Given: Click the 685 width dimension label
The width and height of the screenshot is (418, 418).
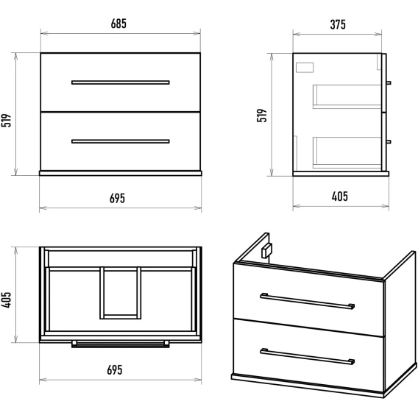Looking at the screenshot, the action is click(118, 24).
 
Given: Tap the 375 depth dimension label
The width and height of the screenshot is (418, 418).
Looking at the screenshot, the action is click(338, 25).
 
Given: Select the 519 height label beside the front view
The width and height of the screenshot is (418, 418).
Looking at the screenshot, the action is click(6, 121).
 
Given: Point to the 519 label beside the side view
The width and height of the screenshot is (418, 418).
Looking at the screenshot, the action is click(262, 116).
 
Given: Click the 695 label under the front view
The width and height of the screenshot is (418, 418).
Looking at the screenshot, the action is click(117, 199).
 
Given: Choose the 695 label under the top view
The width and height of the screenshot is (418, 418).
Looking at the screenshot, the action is click(115, 370).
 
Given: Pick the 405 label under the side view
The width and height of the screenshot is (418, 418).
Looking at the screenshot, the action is click(340, 196).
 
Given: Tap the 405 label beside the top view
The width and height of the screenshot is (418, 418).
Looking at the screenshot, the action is click(6, 300).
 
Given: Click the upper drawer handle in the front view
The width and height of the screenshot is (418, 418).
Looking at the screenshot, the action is click(121, 82).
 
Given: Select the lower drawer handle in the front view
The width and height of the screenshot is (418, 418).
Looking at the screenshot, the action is click(121, 141).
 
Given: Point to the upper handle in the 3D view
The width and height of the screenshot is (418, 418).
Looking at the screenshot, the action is click(308, 301).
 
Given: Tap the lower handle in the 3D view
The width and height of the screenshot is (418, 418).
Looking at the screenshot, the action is click(308, 356).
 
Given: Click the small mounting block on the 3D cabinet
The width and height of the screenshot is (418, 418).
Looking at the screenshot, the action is click(266, 251).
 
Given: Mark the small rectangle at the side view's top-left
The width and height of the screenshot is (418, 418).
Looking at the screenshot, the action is click(305, 68).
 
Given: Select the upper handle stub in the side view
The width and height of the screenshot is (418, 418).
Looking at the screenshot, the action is click(389, 82).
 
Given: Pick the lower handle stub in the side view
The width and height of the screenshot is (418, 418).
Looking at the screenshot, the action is click(389, 141).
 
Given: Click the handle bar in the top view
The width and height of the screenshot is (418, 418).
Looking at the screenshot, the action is click(121, 344).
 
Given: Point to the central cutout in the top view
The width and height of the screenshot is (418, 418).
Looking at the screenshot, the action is click(121, 293).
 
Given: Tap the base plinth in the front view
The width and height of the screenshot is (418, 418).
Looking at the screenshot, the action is click(121, 173).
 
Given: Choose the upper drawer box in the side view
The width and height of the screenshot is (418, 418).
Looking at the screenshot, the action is click(347, 96).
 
